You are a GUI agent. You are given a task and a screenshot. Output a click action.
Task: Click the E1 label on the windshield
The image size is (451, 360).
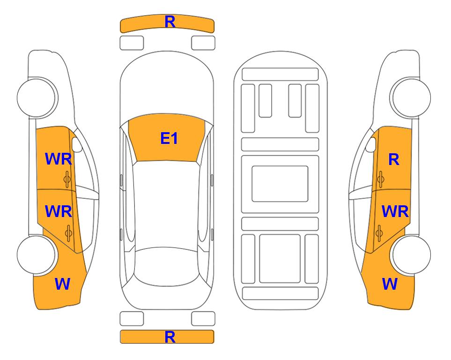click(x=169, y=138)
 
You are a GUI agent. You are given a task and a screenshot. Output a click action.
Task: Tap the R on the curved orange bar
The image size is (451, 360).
click(x=170, y=22)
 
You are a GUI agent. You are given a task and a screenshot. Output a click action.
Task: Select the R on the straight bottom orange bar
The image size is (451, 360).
click(x=170, y=337)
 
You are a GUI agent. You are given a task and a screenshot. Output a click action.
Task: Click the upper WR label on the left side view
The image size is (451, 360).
click(x=59, y=159)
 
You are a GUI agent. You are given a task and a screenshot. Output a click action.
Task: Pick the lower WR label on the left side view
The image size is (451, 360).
click(x=59, y=211)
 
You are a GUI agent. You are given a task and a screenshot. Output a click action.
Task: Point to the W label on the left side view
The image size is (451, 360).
click(x=62, y=284)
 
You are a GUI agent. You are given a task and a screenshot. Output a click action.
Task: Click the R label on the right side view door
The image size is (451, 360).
click(x=394, y=159)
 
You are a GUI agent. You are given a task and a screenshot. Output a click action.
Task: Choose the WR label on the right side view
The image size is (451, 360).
click(x=395, y=212)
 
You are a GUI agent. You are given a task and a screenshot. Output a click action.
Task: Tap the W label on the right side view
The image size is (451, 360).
click(x=390, y=284)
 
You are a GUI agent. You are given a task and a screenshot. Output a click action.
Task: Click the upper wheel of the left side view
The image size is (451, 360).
click(x=36, y=97)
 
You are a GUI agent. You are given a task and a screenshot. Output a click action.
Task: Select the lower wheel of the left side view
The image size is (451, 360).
click(x=36, y=255)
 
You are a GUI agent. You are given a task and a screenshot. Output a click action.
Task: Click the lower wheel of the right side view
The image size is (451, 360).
click(x=411, y=255)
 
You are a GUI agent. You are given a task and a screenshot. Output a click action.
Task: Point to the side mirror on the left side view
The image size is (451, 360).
click(x=77, y=145)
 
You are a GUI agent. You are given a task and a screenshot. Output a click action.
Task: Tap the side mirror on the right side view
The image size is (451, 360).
click(x=371, y=145)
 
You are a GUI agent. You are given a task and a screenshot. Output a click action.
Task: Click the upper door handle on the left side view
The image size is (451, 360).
click(x=67, y=180)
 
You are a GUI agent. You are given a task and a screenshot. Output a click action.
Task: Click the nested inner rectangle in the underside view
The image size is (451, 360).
click(x=280, y=184)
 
